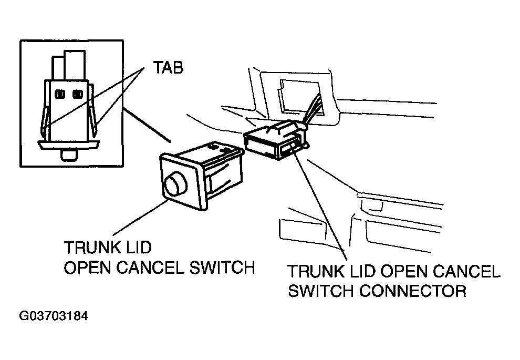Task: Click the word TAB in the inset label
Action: pos(168,68)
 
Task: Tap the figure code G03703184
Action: pos(54,317)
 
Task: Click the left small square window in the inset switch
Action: pos(60,94)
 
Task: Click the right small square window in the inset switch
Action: pos(78,94)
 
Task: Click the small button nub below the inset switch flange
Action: pos(69,155)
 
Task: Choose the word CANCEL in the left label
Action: pos(148,268)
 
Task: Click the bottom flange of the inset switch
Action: pos(69,143)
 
